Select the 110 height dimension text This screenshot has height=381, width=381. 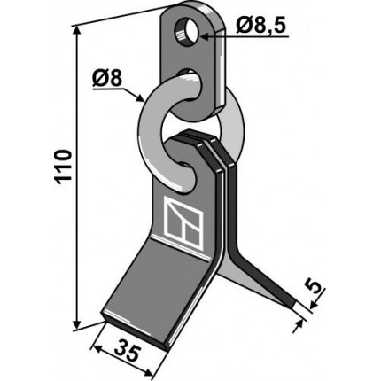[x=64, y=167]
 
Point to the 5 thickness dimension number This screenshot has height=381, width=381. [x=315, y=287]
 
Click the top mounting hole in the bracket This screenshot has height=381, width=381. [x=185, y=32]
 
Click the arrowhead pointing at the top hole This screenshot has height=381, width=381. [x=205, y=36]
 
